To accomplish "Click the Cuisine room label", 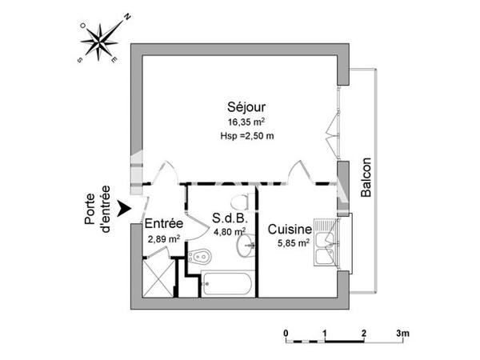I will [x=289, y=229].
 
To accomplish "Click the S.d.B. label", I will [x=228, y=218].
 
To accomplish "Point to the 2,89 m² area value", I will [x=164, y=238].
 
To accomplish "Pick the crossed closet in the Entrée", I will [x=158, y=275].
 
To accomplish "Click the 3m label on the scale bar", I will [x=402, y=332].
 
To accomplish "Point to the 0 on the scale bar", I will [x=286, y=332].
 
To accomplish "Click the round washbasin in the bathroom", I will [x=244, y=246].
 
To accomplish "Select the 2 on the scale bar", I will [x=363, y=332].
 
